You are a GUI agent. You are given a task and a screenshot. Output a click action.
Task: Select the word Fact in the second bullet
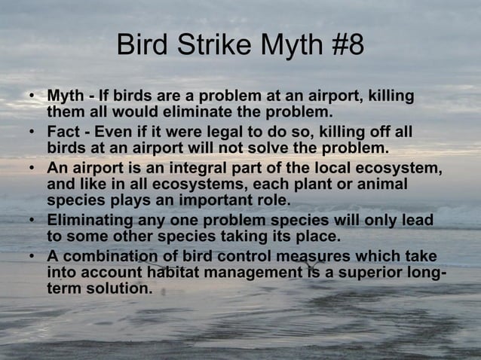point(63,131)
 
